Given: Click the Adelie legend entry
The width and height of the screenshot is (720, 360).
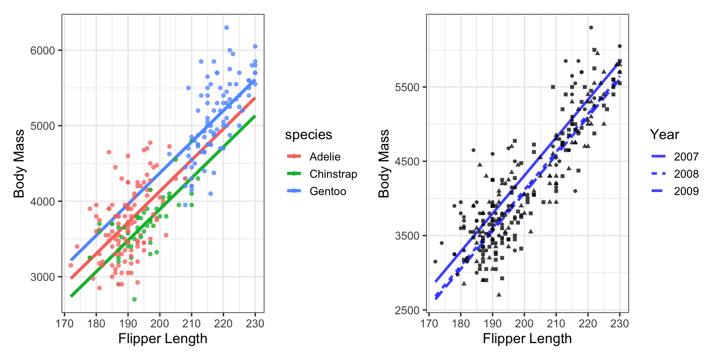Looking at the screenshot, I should pyautogui.click(x=325, y=157).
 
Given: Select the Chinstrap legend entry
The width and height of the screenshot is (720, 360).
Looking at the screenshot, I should pyautogui.click(x=333, y=174).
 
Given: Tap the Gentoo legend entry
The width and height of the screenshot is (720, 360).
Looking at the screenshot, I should pyautogui.click(x=327, y=191).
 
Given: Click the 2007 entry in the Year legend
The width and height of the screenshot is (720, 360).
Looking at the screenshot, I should pyautogui.click(x=686, y=157).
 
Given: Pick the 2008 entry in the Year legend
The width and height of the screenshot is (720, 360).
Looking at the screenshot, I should pyautogui.click(x=686, y=174).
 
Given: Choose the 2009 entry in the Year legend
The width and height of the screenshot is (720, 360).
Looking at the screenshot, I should pyautogui.click(x=686, y=191).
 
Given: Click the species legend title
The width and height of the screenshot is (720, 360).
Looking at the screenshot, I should pyautogui.click(x=308, y=135).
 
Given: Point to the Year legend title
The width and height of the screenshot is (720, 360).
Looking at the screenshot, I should pyautogui.click(x=664, y=135).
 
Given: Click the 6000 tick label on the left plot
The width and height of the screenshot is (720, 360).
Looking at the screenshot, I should pyautogui.click(x=42, y=51).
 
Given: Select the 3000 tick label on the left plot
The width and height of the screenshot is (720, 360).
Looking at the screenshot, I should pyautogui.click(x=42, y=277).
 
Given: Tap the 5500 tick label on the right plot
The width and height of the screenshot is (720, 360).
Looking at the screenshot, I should pyautogui.click(x=407, y=87).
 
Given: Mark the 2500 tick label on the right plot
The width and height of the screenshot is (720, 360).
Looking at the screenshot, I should pyautogui.click(x=407, y=310).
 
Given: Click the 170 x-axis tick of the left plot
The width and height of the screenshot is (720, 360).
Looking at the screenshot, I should pyautogui.click(x=64, y=323).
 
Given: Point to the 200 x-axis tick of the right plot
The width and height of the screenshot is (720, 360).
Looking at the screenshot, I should pyautogui.click(x=524, y=323).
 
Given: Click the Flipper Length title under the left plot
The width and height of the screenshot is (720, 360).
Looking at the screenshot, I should pyautogui.click(x=163, y=339).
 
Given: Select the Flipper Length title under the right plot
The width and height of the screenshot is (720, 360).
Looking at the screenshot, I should pyautogui.click(x=527, y=339).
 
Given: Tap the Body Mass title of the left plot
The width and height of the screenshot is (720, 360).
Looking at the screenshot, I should pyautogui.click(x=19, y=163).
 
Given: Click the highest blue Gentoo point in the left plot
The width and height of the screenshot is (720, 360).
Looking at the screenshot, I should pyautogui.click(x=226, y=28).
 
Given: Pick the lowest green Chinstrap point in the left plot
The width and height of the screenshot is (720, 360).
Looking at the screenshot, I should pyautogui.click(x=134, y=299).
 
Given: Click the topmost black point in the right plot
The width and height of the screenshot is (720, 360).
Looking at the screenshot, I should pyautogui.click(x=591, y=27).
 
